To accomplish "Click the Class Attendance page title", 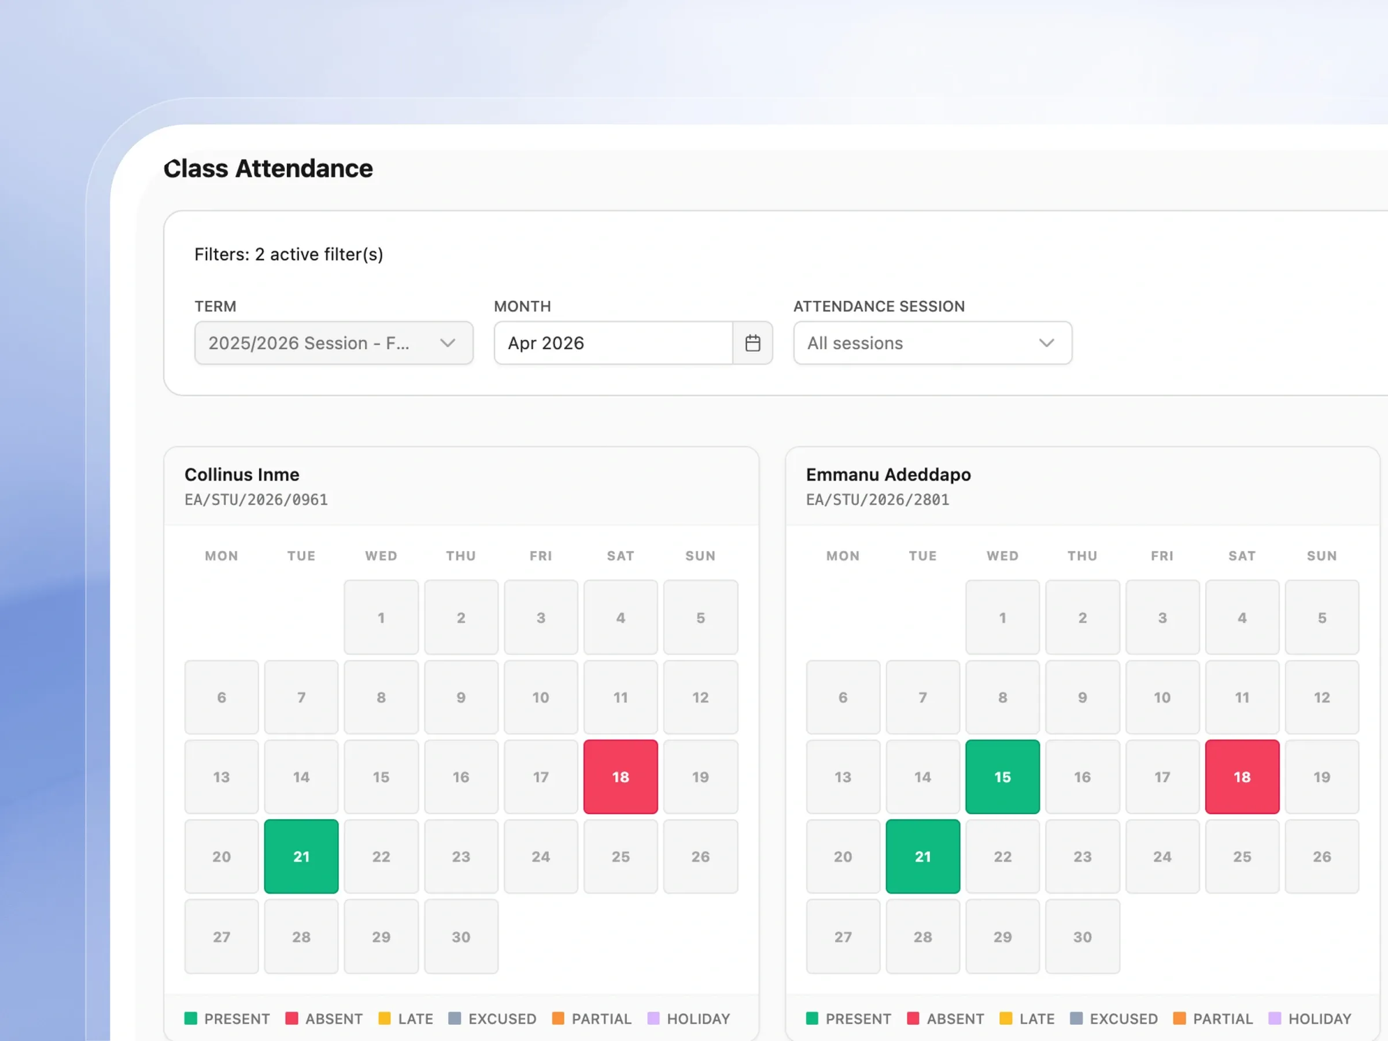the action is pos(268,168).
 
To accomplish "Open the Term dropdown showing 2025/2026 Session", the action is pos(334,342).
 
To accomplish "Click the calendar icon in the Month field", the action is pos(752,342).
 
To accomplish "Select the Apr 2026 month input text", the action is pos(546,343).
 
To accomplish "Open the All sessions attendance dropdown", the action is pos(932,342).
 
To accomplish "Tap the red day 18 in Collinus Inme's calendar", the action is pos(621,777).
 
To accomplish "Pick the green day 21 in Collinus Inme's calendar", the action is pos(301,857).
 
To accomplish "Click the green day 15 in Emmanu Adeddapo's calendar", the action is pos(1002,777).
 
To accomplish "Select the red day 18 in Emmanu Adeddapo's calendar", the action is pos(1242,777).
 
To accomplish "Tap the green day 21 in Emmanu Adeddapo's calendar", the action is pos(922,857).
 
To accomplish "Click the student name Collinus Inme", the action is pos(242,474).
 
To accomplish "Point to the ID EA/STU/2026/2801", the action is pos(877,500).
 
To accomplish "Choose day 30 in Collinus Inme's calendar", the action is pos(461,936).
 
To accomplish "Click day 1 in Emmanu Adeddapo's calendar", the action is pos(1002,618).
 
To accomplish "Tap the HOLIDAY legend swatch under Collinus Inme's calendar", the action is pos(653,1018).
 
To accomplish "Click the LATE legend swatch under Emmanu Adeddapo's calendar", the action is pos(1006,1018).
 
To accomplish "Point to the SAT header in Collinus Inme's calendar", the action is pos(621,556).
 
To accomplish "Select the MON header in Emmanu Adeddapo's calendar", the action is pos(843,556).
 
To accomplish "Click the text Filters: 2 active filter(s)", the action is pos(289,254).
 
